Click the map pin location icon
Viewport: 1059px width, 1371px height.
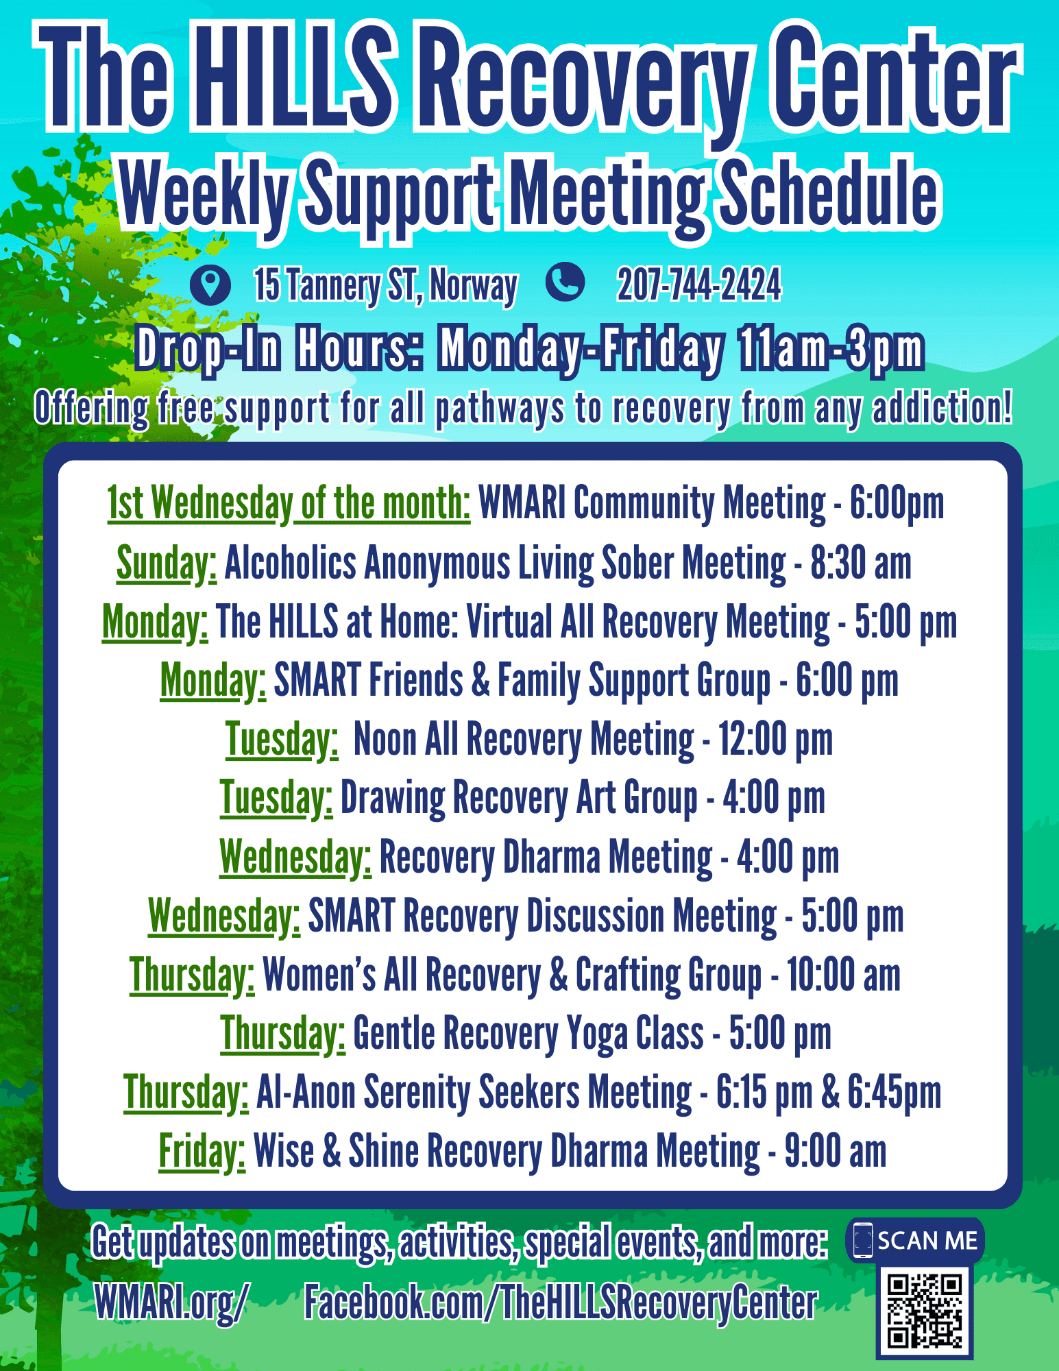[x=210, y=284]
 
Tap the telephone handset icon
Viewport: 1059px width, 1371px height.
[x=565, y=282]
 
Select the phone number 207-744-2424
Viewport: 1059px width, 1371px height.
[x=698, y=284]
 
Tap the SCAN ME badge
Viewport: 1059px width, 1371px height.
[x=915, y=1240]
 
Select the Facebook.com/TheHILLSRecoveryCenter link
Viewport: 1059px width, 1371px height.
[x=561, y=1302]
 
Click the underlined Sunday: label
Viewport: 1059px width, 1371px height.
[x=167, y=563]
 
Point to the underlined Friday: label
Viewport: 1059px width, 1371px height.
[x=202, y=1152]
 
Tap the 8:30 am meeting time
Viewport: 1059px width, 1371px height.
[x=861, y=563]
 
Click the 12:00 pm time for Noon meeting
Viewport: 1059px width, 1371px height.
[x=775, y=740]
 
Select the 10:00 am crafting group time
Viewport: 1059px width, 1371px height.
[x=843, y=975]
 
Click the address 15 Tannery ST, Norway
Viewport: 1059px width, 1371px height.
[x=386, y=285]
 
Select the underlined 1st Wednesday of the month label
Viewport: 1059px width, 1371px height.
[x=289, y=505]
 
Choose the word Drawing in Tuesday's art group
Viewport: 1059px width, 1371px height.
[x=393, y=799]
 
